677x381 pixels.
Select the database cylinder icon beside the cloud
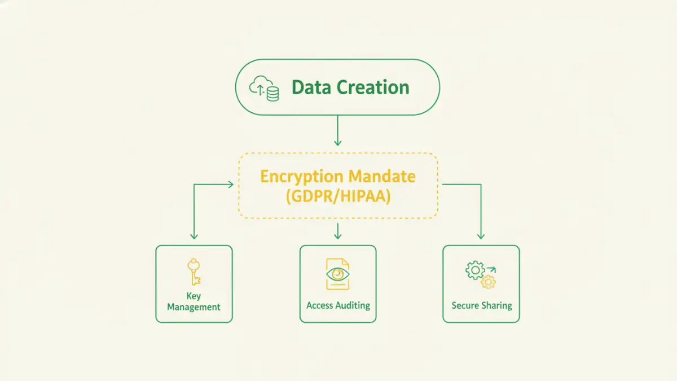[x=272, y=93]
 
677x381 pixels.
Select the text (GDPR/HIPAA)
[x=337, y=196]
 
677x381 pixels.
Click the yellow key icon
[x=194, y=271]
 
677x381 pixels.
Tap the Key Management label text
[x=194, y=301]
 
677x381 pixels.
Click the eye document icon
[x=337, y=274]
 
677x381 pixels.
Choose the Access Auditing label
[x=338, y=305]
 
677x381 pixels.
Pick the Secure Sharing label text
[x=481, y=305]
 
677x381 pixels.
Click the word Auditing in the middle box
[x=353, y=305]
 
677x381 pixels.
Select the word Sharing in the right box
[x=496, y=305]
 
